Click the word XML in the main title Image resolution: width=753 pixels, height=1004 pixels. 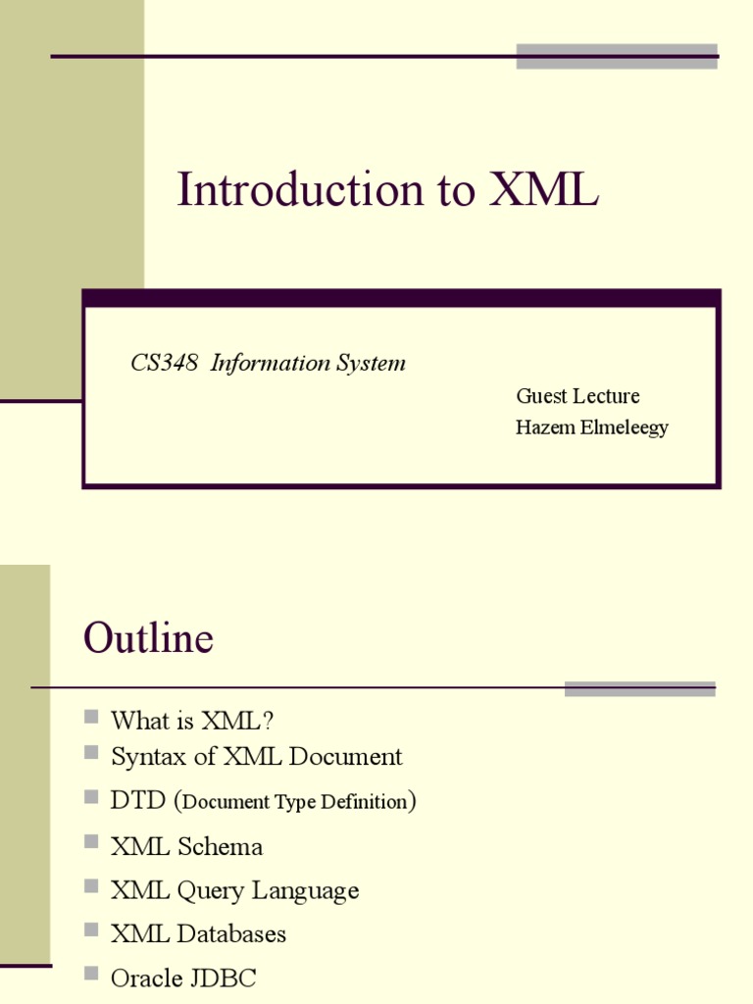pos(543,190)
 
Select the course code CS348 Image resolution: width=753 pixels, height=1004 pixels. pos(165,363)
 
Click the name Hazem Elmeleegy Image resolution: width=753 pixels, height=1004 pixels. pos(591,427)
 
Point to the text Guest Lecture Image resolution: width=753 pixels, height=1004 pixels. pos(577,396)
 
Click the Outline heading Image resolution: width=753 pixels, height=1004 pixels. pos(148,639)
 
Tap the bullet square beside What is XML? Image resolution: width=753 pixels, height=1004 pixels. pos(92,718)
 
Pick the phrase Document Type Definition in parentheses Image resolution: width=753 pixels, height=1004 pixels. pos(294,802)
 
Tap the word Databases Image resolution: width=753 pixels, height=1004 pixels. pos(231,933)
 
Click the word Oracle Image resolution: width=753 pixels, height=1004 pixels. pos(146,978)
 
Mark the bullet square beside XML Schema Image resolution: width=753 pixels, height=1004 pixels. pos(92,841)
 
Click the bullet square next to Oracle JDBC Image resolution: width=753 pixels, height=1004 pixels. pos(92,974)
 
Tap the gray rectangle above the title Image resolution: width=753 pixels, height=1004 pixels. pos(617,56)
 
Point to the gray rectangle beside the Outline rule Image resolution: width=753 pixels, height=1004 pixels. pos(639,688)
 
